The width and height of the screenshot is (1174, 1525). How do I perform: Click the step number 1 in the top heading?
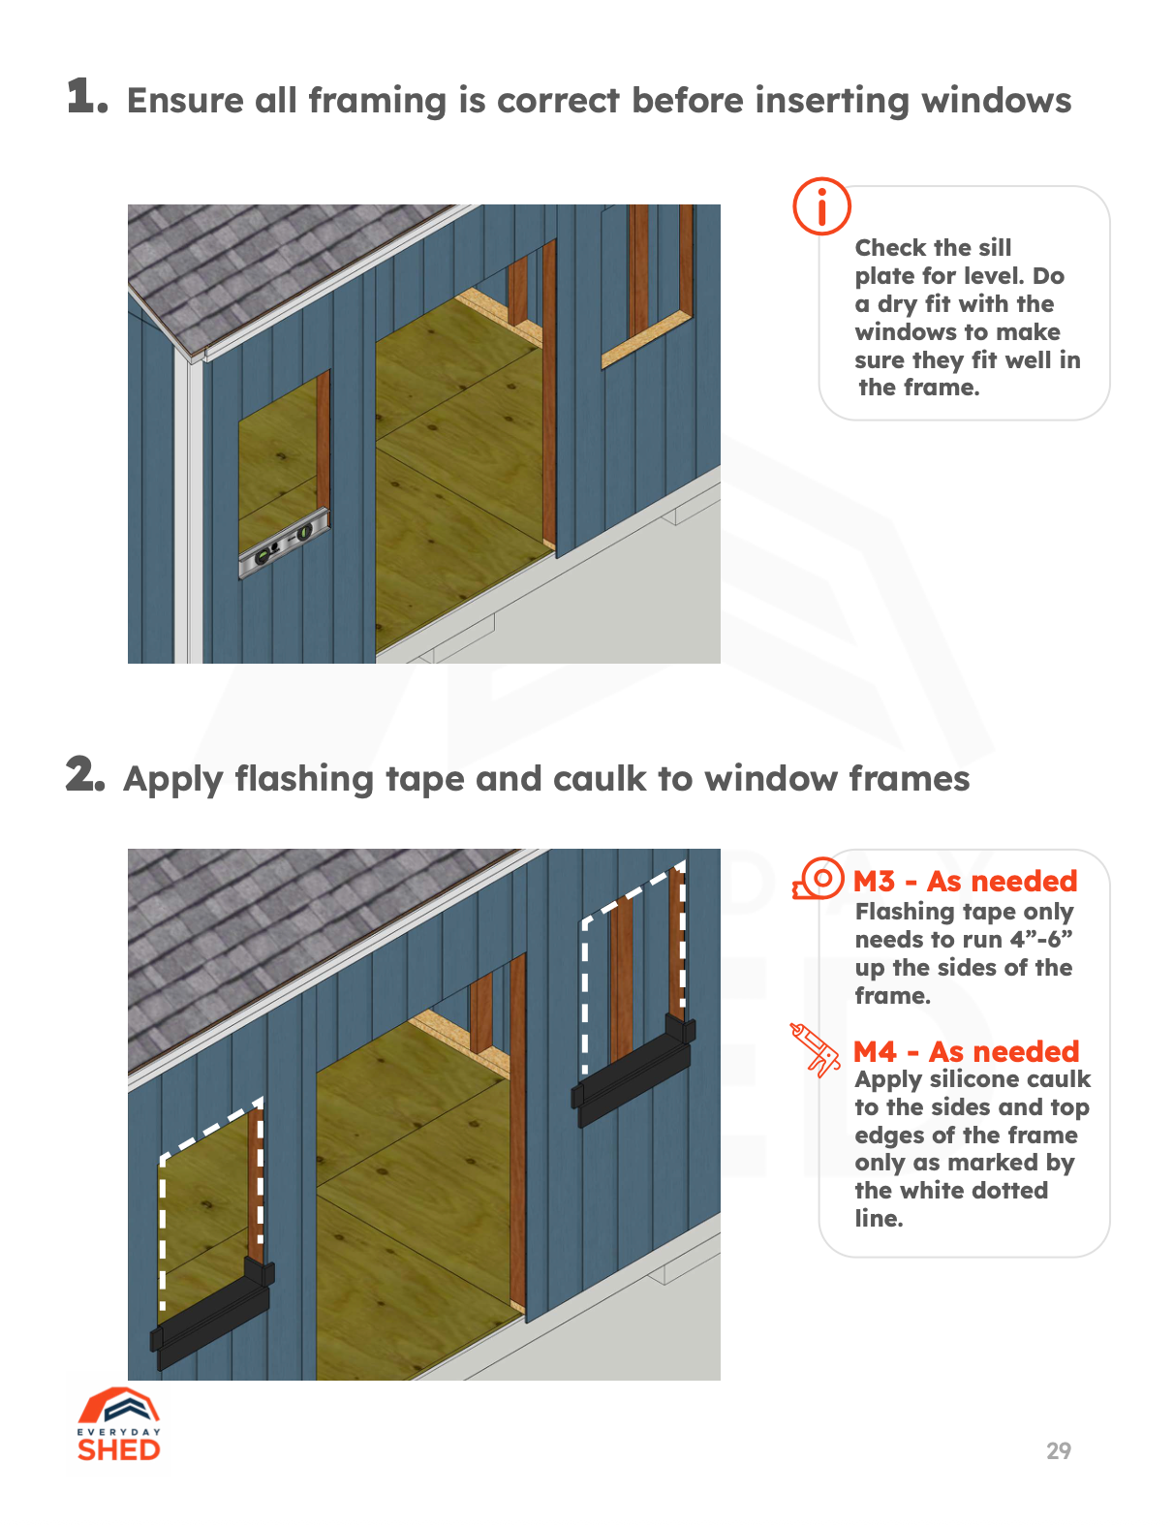click(85, 97)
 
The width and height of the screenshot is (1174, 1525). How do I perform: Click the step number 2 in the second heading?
click(84, 775)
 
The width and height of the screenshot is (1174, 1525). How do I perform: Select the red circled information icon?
click(821, 205)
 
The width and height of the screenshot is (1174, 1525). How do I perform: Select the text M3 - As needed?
click(965, 881)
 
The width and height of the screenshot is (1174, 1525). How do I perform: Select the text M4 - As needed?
click(966, 1051)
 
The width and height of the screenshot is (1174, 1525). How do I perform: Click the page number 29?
click(1058, 1450)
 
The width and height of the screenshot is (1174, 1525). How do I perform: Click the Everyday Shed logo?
click(119, 1425)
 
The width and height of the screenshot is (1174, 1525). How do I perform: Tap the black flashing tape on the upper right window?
click(634, 1074)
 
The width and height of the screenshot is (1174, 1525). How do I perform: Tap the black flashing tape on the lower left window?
click(212, 1313)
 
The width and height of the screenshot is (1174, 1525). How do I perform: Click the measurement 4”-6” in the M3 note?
click(1041, 940)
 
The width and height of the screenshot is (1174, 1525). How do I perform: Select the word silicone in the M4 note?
click(973, 1079)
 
